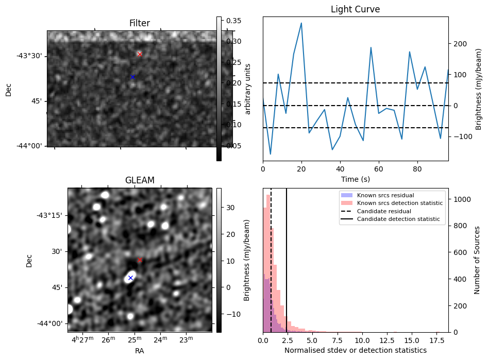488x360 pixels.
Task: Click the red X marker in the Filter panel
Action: click(x=140, y=54)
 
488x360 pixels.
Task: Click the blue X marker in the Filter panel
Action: click(x=132, y=77)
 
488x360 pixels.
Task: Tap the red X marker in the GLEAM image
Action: click(x=140, y=260)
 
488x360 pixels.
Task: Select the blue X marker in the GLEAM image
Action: click(x=130, y=278)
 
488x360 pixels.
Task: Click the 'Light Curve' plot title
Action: click(x=355, y=9)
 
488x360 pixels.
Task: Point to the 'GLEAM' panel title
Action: click(x=140, y=180)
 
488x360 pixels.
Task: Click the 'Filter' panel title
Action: click(x=140, y=23)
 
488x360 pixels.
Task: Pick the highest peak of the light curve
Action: click(x=301, y=23)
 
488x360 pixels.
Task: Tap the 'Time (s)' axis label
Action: click(x=355, y=179)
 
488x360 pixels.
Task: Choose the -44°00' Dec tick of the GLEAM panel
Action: click(x=50, y=323)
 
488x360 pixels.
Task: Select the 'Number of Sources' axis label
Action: click(x=478, y=260)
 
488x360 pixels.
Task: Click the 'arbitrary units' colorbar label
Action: click(x=247, y=89)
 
